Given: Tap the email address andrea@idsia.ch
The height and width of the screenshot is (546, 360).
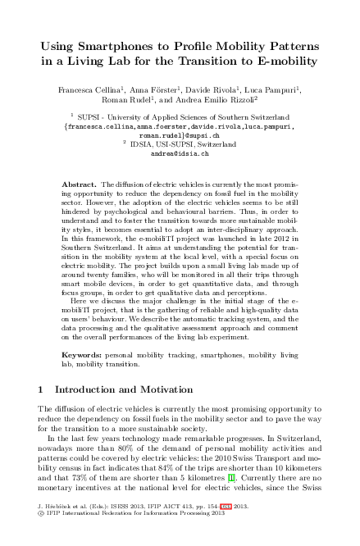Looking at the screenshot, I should pos(180,153).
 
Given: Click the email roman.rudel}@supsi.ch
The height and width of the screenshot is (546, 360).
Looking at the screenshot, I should pos(180,135).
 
